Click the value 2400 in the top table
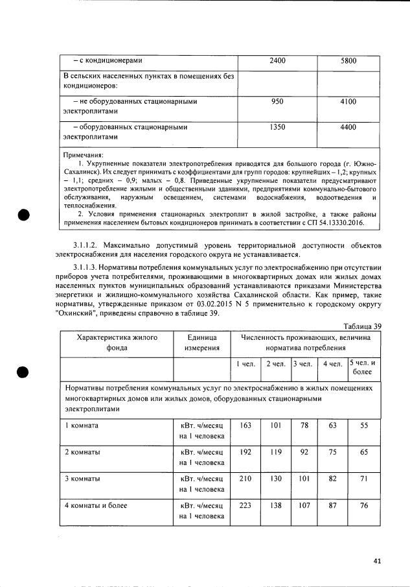click(x=277, y=61)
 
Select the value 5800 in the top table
click(x=348, y=61)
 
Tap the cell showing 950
click(x=277, y=102)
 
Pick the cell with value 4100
click(x=348, y=102)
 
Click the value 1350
click(x=277, y=127)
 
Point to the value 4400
click(x=348, y=127)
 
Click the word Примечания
click(x=83, y=156)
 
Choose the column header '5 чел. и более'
click(x=364, y=368)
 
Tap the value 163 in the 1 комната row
click(x=245, y=425)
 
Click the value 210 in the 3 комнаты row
click(x=245, y=478)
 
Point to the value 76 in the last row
click(x=364, y=505)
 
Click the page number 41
click(x=378, y=561)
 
